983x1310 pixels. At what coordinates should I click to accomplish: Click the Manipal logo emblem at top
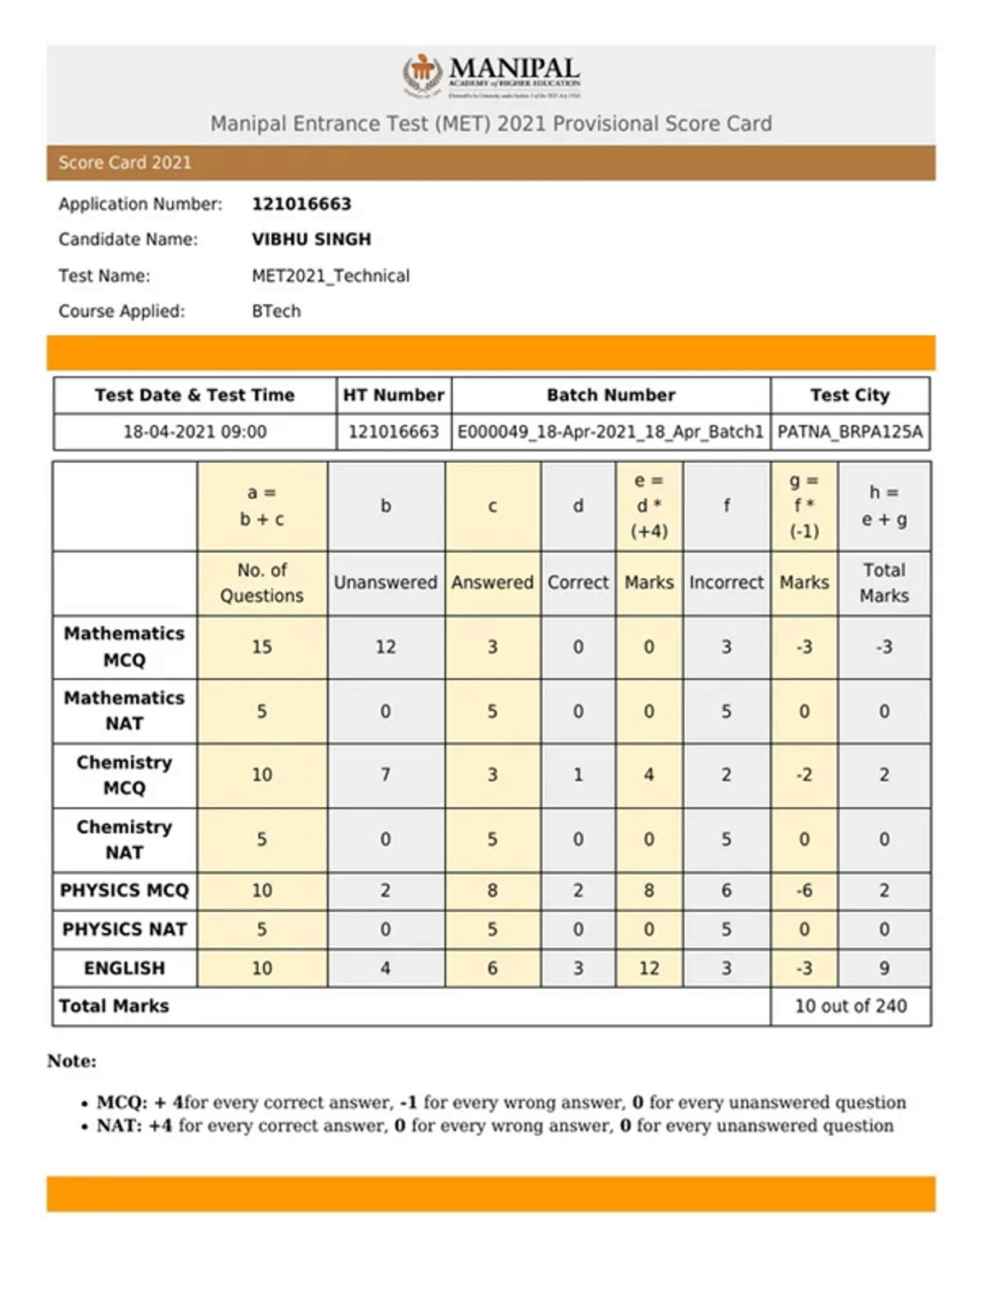(421, 75)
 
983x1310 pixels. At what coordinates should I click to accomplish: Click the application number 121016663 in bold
(301, 204)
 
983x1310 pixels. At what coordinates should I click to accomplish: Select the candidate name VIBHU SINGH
(311, 239)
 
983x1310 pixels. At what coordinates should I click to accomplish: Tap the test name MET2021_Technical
(330, 276)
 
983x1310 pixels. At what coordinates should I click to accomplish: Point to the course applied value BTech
(276, 311)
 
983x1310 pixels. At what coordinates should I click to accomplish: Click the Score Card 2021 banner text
(125, 163)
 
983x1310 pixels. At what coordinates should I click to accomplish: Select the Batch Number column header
(611, 395)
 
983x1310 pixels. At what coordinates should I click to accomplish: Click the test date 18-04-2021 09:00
(195, 432)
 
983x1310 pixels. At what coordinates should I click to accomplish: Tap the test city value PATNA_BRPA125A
(849, 432)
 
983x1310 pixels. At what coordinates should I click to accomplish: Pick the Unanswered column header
(385, 582)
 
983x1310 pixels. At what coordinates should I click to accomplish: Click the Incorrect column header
(726, 582)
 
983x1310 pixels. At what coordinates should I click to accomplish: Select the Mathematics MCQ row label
(125, 646)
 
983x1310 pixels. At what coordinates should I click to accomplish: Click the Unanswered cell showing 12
(385, 647)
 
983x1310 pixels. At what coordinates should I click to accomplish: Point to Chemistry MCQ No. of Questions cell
(261, 775)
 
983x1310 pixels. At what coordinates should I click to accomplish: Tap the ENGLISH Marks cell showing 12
(649, 968)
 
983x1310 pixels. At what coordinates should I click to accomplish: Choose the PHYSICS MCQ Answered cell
(491, 891)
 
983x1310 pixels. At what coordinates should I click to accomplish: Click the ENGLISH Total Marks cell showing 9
(884, 968)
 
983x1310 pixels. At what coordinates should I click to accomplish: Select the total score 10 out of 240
(850, 1006)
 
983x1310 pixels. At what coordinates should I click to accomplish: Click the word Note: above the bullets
(72, 1061)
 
